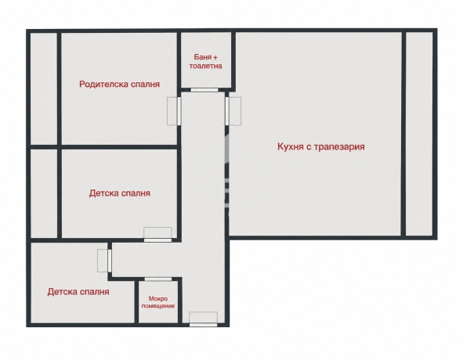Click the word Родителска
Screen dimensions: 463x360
(x=99, y=85)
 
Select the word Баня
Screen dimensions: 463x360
(x=203, y=56)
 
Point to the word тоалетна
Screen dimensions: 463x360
(x=205, y=66)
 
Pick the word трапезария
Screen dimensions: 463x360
(x=339, y=146)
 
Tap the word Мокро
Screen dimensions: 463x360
(x=158, y=299)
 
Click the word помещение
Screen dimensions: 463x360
(x=158, y=306)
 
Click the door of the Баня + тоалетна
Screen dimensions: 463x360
(x=204, y=90)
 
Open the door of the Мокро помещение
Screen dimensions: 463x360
(x=158, y=279)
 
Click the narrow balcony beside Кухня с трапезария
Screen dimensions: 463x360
(x=419, y=134)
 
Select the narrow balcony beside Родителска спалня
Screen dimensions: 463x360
(x=44, y=88)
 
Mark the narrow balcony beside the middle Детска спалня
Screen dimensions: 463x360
(x=44, y=193)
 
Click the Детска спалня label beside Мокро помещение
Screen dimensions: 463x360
(x=78, y=292)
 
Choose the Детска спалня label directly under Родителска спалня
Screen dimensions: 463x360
(x=120, y=193)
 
